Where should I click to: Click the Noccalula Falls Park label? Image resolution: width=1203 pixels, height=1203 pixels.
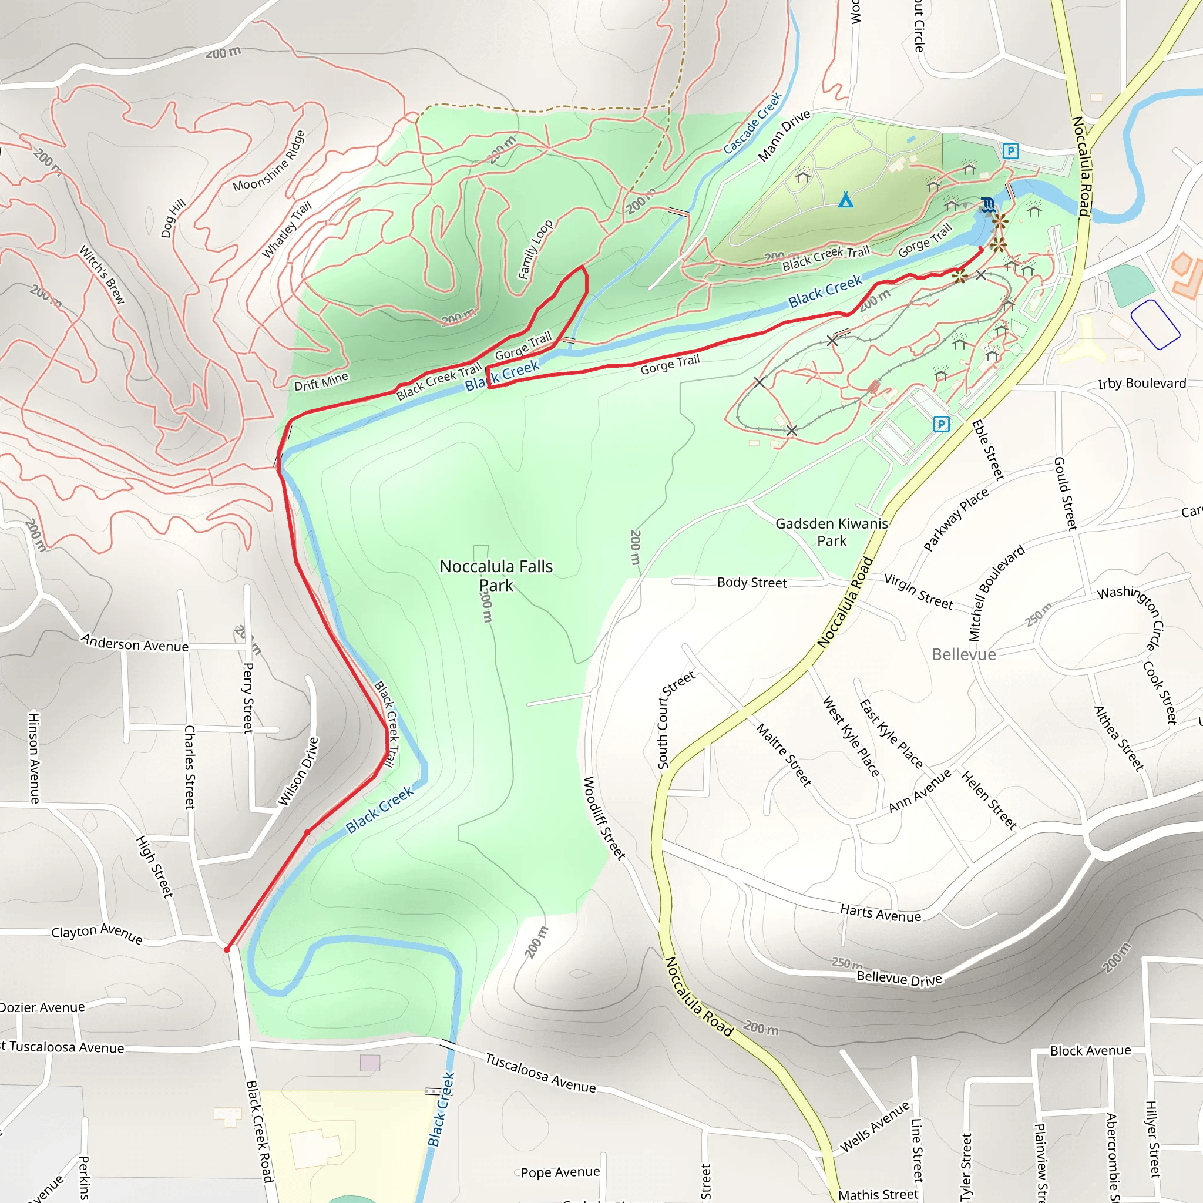[496, 575]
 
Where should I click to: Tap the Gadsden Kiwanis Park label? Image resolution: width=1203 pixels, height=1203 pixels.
[831, 532]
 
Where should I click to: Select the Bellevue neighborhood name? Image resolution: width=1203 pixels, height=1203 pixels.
[963, 654]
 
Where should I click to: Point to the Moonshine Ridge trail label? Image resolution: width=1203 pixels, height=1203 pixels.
[269, 160]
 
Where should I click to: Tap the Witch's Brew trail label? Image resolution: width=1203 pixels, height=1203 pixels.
[102, 274]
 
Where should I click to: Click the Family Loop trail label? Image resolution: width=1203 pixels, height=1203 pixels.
[536, 249]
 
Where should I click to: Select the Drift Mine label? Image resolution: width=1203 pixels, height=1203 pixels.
[321, 381]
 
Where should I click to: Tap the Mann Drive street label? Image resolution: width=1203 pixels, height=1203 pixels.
[784, 135]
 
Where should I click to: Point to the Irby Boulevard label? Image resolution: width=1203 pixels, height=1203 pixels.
[1141, 384]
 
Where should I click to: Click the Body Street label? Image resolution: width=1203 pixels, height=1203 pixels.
[751, 583]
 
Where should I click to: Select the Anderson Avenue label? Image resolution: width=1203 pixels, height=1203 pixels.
[135, 643]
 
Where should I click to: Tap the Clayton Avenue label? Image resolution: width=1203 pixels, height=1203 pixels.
[97, 933]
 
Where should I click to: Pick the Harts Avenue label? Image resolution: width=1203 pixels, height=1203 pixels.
[880, 913]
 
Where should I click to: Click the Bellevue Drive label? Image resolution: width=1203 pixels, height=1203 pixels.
[899, 978]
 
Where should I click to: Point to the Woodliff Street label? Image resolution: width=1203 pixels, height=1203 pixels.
[603, 818]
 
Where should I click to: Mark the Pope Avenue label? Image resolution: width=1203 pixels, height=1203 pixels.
[560, 1172]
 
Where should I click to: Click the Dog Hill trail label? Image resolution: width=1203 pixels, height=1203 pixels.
[173, 218]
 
